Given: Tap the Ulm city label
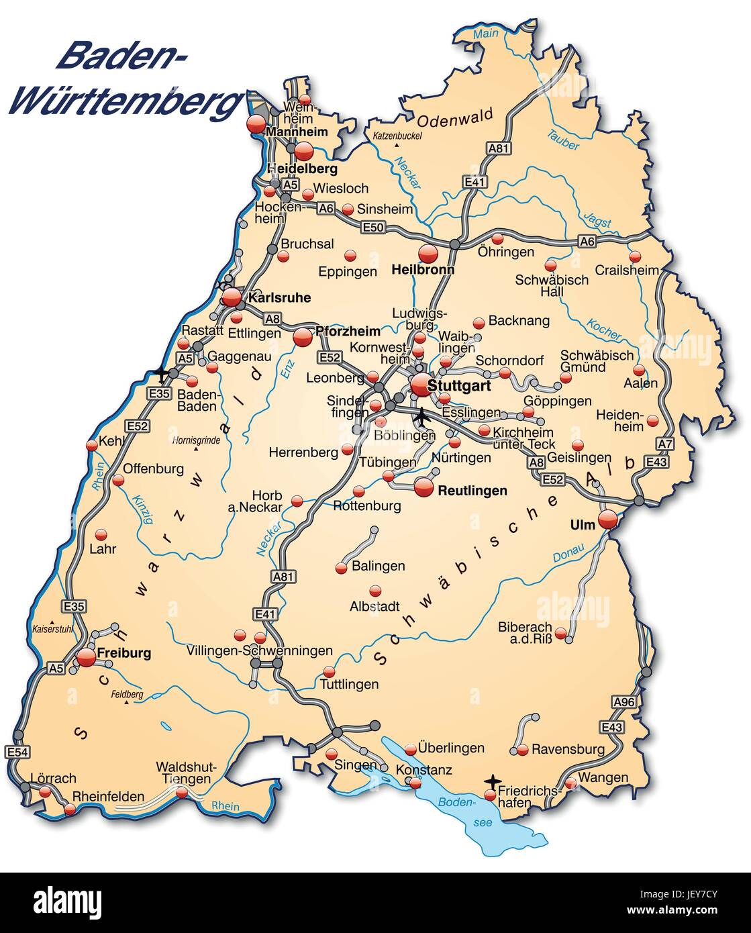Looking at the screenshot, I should coord(582,525).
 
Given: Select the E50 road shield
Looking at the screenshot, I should coord(372,228).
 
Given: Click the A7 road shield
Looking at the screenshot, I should coord(664,444).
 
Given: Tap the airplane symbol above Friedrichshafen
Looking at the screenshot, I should coord(493,781).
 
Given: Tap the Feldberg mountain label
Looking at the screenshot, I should coord(128,695).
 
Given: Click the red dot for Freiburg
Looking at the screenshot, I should coord(86,658).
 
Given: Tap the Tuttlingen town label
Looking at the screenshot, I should coord(349,684).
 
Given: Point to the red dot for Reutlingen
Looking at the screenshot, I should coord(423,487).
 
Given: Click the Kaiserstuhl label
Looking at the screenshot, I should coord(52,629).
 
